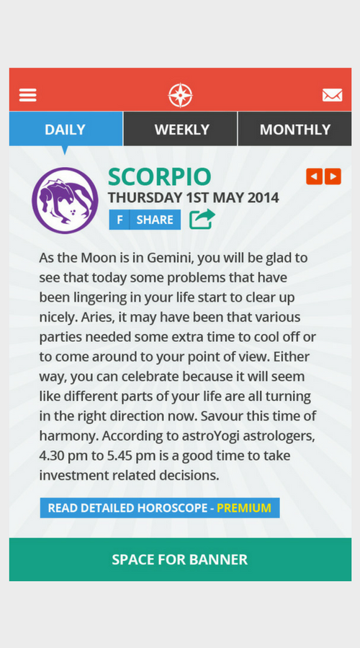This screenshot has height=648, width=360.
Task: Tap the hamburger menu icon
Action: tap(28, 95)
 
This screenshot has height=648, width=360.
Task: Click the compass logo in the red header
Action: tap(181, 95)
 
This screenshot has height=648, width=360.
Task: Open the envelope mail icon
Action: tap(332, 95)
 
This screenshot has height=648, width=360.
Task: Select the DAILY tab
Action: tap(66, 130)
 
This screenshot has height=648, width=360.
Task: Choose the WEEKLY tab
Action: tap(181, 130)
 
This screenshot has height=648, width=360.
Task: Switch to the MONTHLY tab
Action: tap(294, 130)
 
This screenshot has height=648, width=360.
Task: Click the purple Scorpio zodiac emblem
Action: tap(65, 200)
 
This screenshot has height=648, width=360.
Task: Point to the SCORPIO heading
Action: tap(159, 177)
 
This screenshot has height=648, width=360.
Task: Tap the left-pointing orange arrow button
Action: tap(314, 176)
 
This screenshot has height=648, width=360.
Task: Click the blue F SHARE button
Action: tap(145, 220)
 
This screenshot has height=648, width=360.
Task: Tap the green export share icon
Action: tap(202, 219)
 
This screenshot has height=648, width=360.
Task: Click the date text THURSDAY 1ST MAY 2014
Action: tap(193, 197)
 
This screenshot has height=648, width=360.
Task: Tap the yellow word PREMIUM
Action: tap(244, 508)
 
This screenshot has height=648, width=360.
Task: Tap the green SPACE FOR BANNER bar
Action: tap(180, 559)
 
